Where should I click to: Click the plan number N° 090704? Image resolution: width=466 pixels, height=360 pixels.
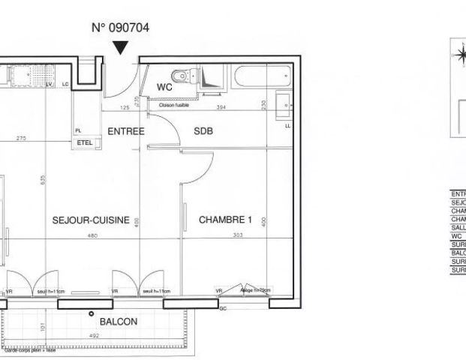(120, 28)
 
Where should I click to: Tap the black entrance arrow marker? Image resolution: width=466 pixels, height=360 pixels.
(120, 48)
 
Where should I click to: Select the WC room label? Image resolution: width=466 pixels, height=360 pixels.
(165, 88)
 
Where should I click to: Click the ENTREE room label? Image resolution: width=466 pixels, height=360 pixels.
(125, 130)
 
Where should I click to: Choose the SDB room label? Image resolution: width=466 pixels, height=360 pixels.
(203, 130)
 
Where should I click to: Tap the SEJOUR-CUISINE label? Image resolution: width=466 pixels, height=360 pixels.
(91, 220)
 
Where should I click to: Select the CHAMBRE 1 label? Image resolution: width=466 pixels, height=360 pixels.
(225, 220)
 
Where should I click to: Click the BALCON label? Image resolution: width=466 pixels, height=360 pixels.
(119, 322)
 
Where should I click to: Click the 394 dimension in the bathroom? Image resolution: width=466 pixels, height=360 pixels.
(221, 108)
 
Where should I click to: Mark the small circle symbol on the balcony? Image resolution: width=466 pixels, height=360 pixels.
(92, 313)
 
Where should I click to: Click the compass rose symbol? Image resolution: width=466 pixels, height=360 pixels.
(458, 54)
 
